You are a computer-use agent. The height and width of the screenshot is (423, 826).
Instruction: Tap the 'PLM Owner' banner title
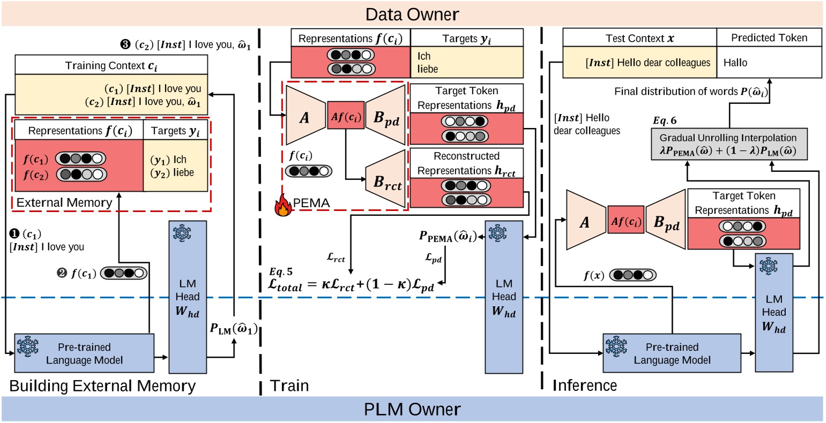pos(412,410)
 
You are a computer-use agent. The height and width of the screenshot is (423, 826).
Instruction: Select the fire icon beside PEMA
pos(281,205)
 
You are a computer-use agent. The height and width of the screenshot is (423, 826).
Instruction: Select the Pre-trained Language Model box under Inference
pos(672,353)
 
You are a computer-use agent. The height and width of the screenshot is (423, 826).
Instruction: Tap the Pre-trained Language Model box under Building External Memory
pos(84,353)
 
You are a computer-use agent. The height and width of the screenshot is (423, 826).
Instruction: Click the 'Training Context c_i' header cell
pos(111,65)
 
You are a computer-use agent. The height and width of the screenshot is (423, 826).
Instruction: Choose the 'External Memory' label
pos(64,202)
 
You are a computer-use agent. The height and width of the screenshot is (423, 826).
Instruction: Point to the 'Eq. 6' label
pos(664,121)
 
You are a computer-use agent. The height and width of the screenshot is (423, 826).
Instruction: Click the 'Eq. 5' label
pos(281,272)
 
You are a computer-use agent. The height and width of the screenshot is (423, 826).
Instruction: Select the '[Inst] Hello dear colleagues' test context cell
pos(639,63)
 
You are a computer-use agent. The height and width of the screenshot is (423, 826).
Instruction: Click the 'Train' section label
pos(289,386)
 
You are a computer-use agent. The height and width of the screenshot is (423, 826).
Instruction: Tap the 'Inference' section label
pos(584,386)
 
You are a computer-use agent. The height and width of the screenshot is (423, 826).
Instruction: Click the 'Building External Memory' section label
pos(102,386)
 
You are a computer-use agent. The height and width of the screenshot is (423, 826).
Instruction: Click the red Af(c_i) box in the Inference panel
pos(626,220)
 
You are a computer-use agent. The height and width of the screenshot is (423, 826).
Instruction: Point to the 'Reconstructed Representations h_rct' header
pos(466,163)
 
